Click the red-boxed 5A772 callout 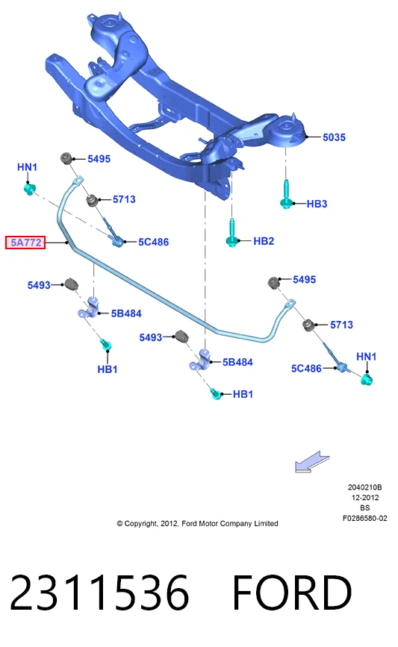tap(25, 243)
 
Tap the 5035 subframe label tap(334, 137)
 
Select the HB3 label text tap(317, 204)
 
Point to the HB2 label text tap(264, 241)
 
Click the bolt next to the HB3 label tap(287, 194)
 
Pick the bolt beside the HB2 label tap(232, 232)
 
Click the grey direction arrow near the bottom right tap(311, 462)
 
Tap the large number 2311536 tap(99, 593)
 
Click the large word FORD tap(292, 593)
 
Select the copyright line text tap(197, 524)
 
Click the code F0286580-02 tap(365, 518)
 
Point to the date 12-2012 tap(365, 498)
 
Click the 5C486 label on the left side tap(153, 243)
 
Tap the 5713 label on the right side tap(341, 325)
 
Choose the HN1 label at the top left tap(27, 167)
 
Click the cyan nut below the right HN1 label tap(366, 379)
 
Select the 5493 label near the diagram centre tap(151, 337)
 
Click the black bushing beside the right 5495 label tap(274, 283)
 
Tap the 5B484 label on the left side tap(126, 313)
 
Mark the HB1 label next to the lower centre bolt tap(243, 395)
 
